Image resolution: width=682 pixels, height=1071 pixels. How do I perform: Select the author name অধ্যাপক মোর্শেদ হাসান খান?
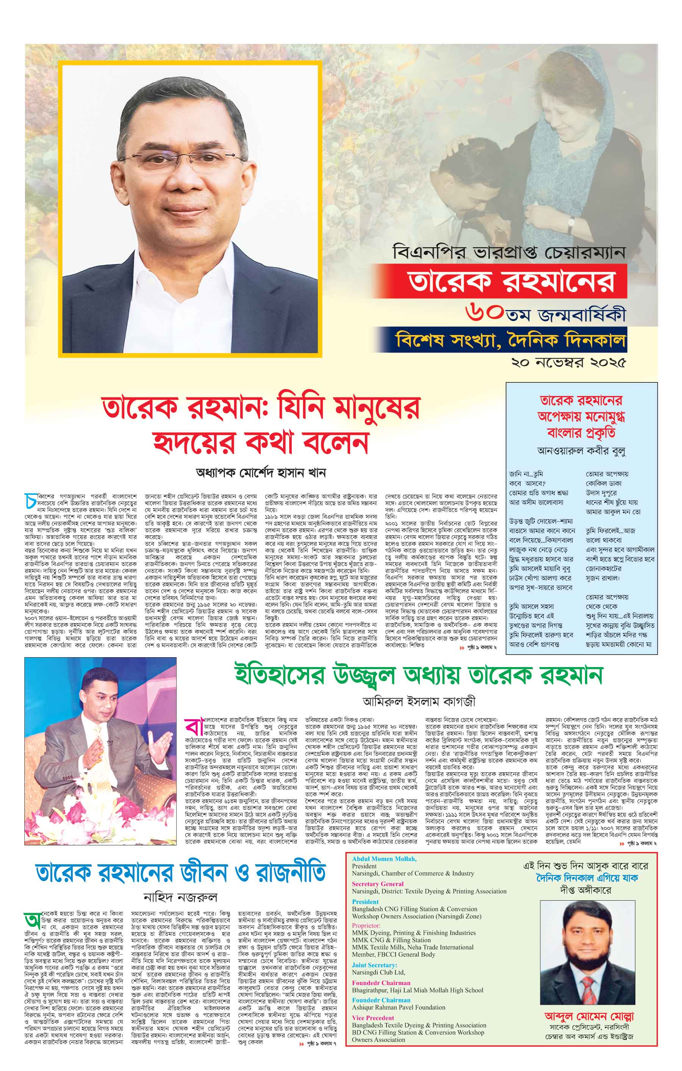click(x=260, y=473)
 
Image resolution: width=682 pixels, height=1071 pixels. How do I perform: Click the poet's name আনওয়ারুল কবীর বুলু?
click(x=581, y=451)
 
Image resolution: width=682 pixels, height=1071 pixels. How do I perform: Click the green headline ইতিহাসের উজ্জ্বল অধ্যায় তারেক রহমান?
click(x=418, y=676)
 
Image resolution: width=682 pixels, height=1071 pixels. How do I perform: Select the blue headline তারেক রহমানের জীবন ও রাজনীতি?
click(x=180, y=873)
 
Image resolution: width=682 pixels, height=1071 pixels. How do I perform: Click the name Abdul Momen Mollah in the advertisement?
click(x=384, y=859)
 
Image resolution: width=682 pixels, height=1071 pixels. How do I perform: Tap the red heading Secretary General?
click(x=377, y=884)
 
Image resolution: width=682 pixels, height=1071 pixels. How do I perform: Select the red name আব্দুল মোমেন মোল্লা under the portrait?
click(x=589, y=1016)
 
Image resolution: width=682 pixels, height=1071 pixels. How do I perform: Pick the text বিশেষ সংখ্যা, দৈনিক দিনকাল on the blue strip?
click(x=511, y=341)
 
